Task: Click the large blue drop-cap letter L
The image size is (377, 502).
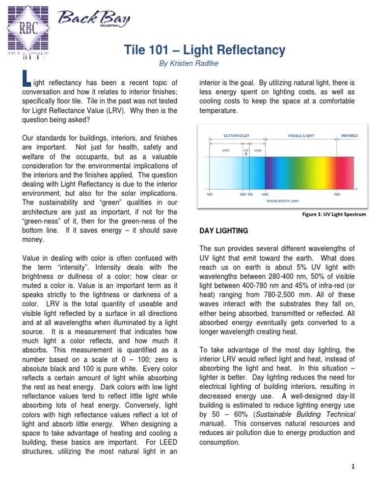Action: click(x=27, y=80)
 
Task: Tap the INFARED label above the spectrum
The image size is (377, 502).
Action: click(x=350, y=136)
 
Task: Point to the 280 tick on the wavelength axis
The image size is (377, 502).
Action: click(x=242, y=194)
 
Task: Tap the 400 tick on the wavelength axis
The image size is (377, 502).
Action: click(x=265, y=194)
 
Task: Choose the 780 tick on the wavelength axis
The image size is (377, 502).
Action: click(x=337, y=194)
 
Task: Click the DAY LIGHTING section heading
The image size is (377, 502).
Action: click(x=223, y=230)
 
